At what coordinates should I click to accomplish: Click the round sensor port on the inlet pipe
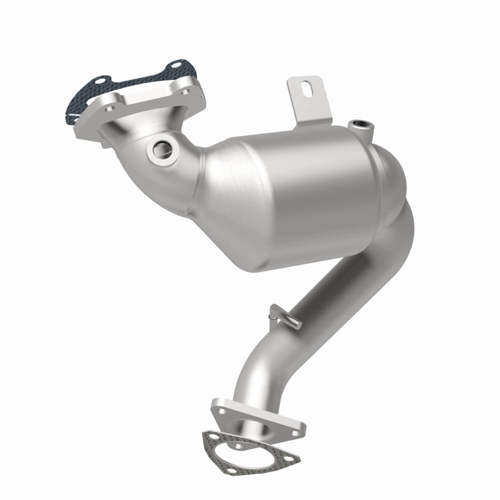160,148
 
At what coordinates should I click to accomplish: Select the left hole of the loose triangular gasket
211,439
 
